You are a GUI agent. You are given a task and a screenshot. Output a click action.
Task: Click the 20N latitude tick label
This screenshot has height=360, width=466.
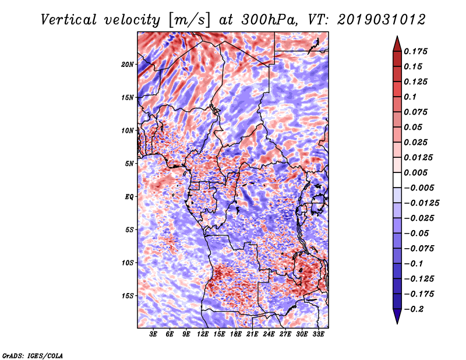128,64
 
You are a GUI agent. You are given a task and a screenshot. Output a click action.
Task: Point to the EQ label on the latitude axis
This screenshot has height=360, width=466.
129,196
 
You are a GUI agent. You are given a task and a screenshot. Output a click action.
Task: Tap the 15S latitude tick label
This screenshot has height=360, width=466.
128,295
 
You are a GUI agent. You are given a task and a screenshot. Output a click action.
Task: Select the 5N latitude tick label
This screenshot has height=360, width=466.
129,163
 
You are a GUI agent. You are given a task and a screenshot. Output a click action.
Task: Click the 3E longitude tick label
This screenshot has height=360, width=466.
154,335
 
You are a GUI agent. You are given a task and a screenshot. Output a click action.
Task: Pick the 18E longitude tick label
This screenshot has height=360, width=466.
236,335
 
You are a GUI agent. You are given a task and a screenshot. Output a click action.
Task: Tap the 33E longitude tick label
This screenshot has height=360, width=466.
318,335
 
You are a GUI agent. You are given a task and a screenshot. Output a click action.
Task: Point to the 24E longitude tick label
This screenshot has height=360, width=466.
269,335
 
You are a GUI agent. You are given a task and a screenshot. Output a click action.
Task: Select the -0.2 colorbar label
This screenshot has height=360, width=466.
416,309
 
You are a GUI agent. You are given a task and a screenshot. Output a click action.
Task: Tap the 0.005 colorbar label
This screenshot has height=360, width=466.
417,172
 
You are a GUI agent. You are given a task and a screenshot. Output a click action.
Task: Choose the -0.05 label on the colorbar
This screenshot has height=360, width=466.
419,233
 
